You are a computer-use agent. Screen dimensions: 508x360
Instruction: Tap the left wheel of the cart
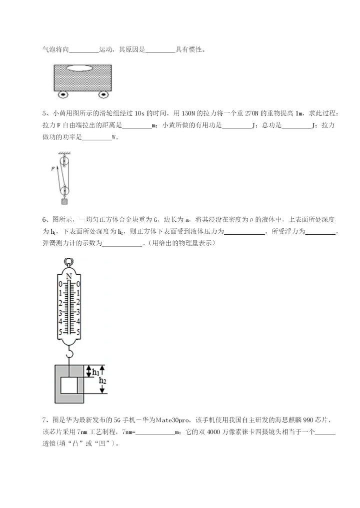(x=63, y=94)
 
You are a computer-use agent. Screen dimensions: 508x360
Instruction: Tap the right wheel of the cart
(x=103, y=94)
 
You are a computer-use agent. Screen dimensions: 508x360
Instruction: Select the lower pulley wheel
(x=64, y=190)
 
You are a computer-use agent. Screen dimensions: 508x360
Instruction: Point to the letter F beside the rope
(x=52, y=169)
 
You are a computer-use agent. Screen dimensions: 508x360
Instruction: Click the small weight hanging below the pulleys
(x=64, y=201)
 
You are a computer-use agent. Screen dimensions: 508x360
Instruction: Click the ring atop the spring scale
(x=68, y=261)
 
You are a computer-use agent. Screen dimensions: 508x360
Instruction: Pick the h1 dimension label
(x=95, y=371)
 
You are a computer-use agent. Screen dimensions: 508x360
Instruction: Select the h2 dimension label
(x=103, y=381)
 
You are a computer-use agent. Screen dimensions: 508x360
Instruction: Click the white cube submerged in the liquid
(x=69, y=386)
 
